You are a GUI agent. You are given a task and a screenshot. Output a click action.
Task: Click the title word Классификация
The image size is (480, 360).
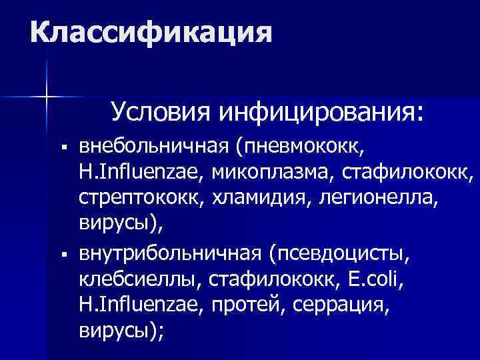tap(151, 32)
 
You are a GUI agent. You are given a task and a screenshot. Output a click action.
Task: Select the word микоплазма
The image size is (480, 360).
tap(274, 173)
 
